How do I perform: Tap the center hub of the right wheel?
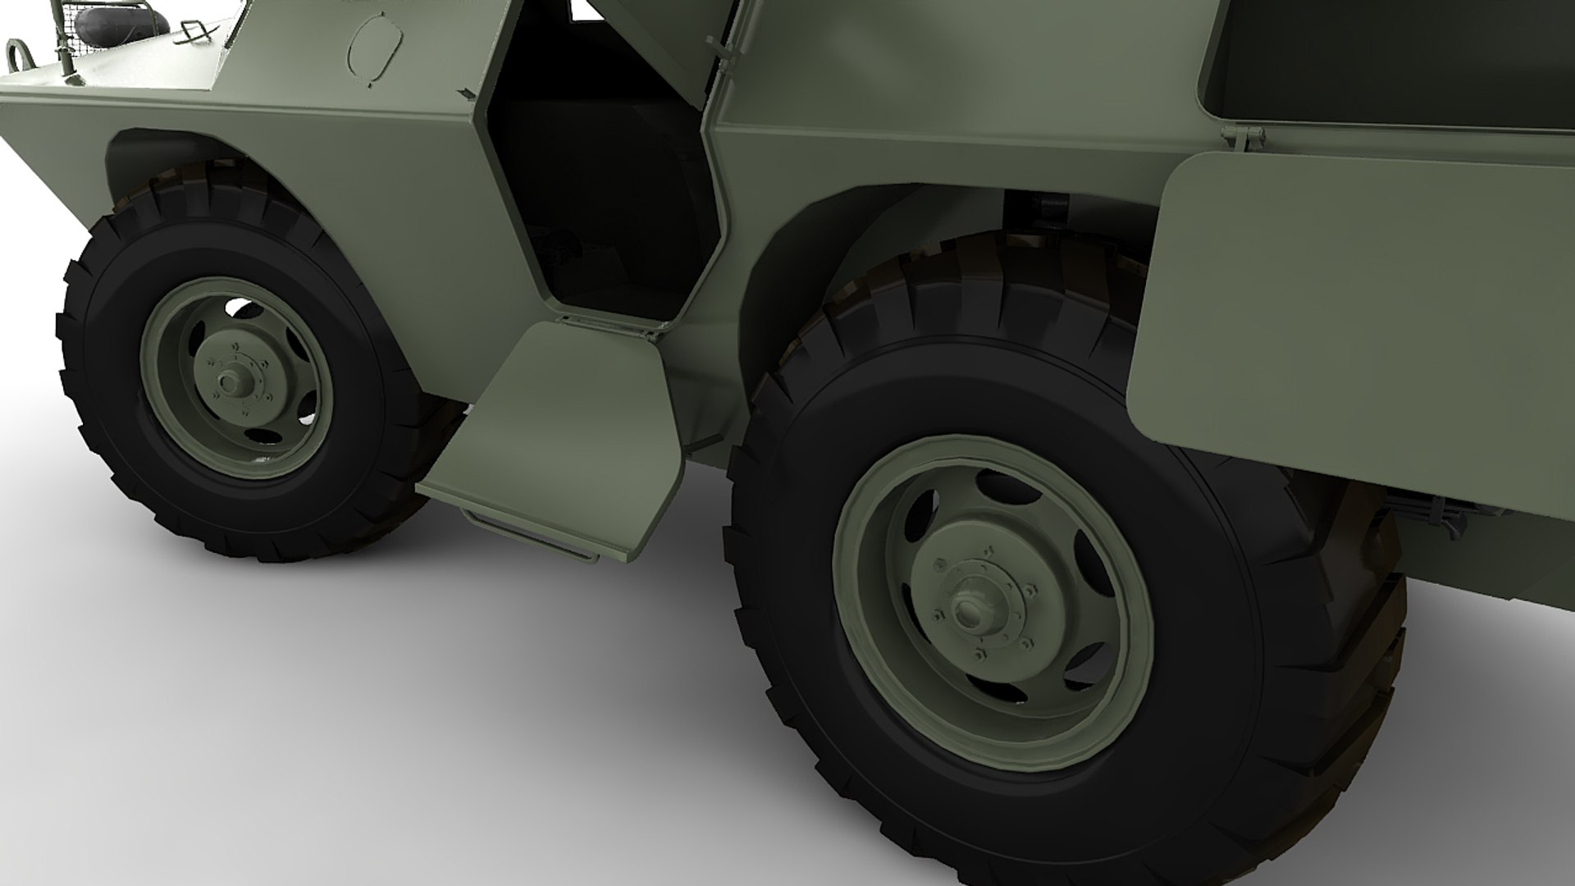click(x=970, y=608)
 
